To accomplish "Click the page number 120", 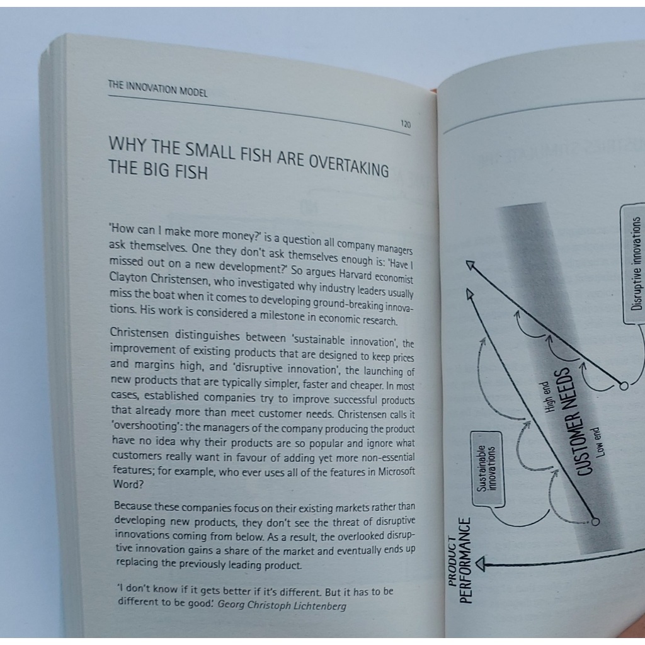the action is coord(406,124).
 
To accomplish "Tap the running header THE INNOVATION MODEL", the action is coord(157,89).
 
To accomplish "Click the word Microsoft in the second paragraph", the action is coord(397,471).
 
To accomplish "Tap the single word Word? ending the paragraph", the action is coord(128,484).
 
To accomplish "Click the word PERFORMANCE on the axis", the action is coord(464,561).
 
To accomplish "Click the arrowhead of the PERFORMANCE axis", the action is coord(479,564).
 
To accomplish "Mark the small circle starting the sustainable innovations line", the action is coord(595,522).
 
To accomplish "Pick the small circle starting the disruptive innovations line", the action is coord(624,386).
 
